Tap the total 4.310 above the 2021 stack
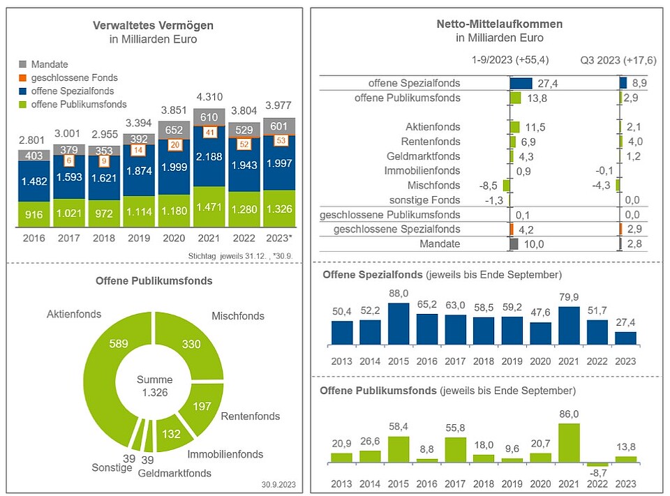209,98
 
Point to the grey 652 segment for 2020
174,130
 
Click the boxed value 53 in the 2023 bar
281,141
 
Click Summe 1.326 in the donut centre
154,386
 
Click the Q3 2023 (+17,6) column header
618,61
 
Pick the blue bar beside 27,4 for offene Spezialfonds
521,83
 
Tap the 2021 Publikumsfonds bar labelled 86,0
569,443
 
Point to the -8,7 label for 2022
598,472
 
